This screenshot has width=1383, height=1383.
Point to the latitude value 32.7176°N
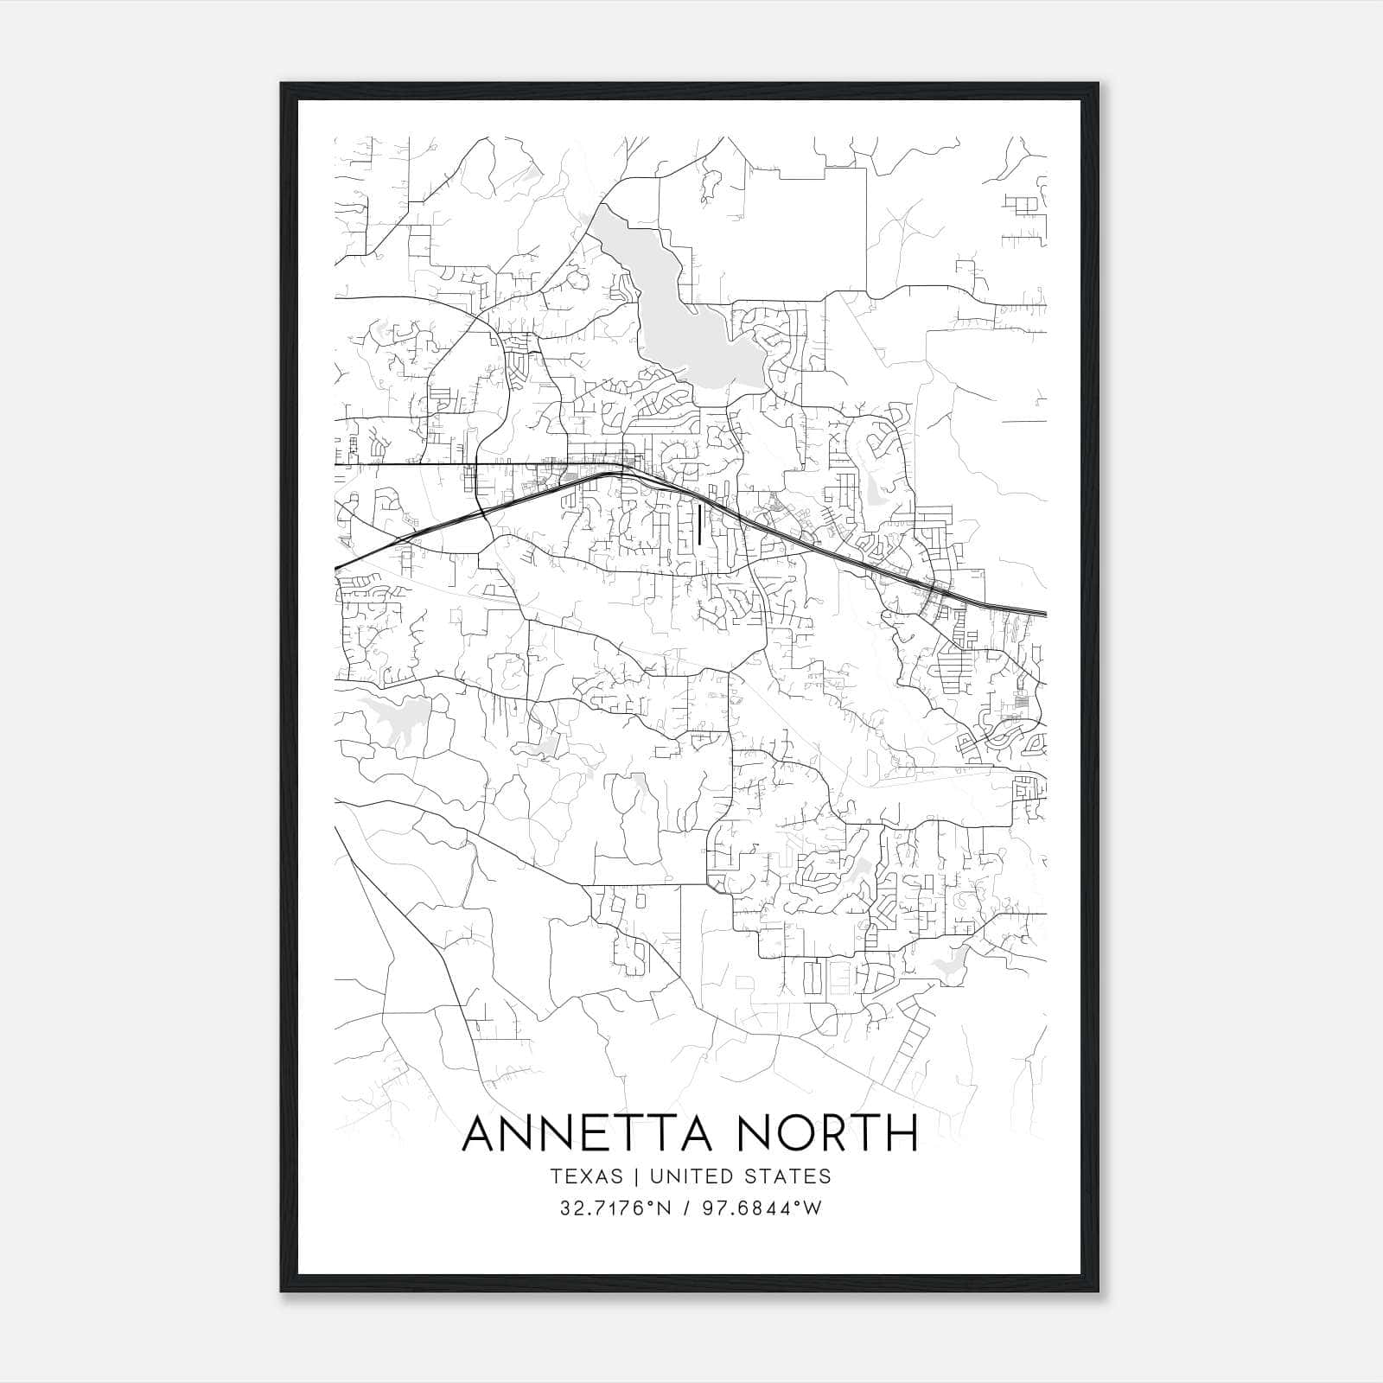(x=616, y=1208)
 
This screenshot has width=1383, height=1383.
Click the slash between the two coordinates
(x=685, y=1208)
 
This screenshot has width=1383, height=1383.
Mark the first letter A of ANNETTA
(x=481, y=1133)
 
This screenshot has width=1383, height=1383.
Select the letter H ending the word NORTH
(x=901, y=1133)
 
